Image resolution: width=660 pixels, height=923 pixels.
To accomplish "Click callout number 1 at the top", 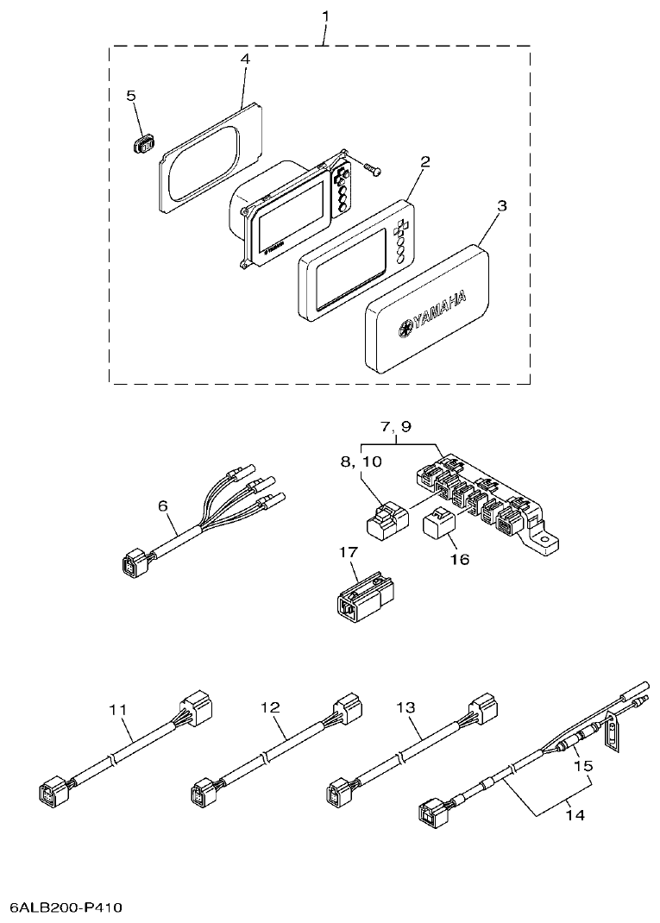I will tap(326, 16).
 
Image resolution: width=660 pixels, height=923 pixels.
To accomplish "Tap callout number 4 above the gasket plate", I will tap(246, 59).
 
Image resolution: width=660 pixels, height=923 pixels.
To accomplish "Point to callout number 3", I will tap(502, 206).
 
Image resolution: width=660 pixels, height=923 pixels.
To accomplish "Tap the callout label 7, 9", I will tap(396, 426).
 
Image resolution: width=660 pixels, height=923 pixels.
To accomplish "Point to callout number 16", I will tap(459, 559).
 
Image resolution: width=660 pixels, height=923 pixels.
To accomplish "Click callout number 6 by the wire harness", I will tap(164, 506).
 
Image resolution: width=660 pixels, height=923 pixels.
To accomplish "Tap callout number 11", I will tap(118, 709).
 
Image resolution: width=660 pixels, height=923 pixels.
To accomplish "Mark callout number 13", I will tap(405, 706).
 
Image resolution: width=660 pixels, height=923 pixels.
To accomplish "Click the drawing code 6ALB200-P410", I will tap(67, 907).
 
